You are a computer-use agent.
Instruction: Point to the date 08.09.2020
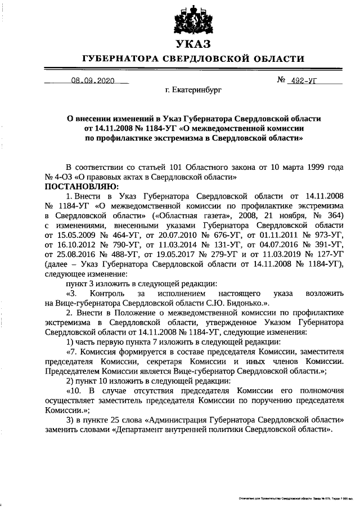92,80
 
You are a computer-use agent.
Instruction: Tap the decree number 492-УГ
302,80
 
